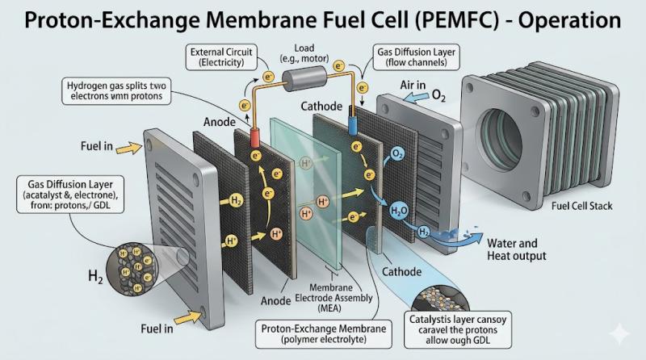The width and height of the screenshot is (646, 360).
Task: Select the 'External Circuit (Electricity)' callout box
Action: (223, 57)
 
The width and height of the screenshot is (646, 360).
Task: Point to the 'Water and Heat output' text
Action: (516, 249)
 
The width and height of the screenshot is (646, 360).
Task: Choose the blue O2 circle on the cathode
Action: (397, 153)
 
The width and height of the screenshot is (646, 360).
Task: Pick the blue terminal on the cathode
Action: (351, 126)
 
